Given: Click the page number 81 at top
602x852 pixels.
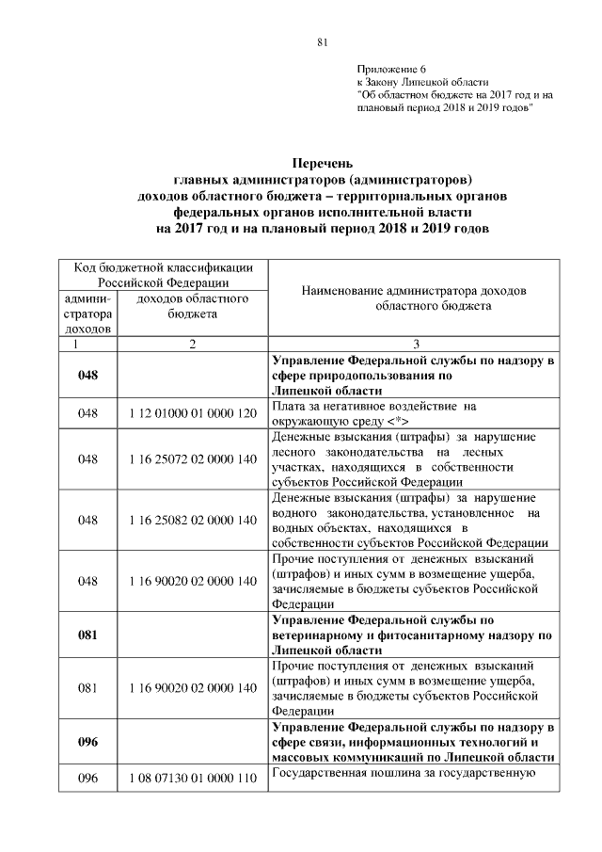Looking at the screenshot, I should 321,42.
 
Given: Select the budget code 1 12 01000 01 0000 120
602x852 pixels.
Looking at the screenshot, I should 193,412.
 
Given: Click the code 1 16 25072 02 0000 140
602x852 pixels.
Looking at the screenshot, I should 193,458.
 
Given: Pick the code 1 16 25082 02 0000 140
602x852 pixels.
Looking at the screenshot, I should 193,520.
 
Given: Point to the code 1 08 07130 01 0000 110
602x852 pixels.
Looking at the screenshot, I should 193,780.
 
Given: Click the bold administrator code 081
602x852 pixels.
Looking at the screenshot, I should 88,635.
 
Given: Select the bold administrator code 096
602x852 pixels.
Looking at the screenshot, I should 88,741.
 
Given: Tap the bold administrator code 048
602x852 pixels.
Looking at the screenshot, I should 88,374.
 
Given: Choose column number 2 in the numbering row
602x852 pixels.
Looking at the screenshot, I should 193,345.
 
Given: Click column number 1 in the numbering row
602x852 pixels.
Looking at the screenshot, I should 88,345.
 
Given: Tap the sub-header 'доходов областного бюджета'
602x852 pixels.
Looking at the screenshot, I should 193,306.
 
